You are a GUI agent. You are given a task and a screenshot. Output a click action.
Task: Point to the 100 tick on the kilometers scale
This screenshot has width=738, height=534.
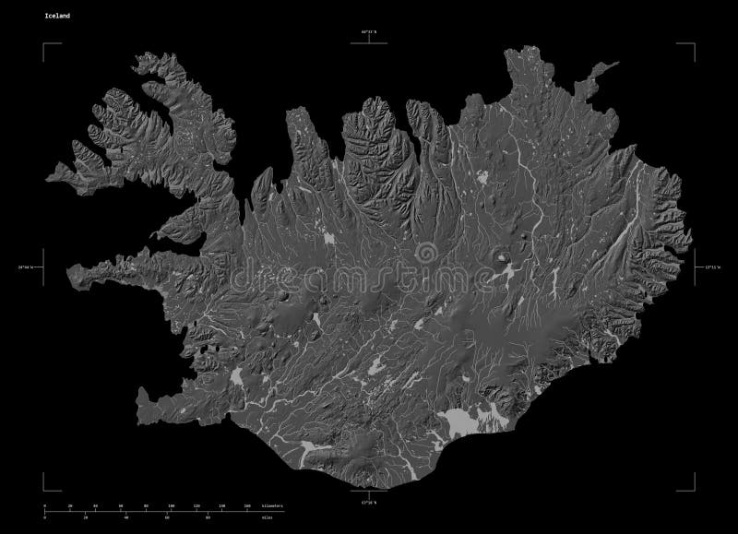[172, 506]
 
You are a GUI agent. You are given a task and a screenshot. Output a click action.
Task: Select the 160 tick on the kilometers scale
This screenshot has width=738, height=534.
[247, 506]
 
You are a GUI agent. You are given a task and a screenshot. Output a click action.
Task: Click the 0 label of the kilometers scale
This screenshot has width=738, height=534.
[44, 506]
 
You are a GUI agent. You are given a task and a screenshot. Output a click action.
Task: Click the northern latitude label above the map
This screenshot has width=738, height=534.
[370, 32]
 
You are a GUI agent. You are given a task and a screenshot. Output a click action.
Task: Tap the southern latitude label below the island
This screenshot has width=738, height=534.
[370, 503]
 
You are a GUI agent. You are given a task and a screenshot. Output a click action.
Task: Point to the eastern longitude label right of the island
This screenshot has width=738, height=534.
[710, 267]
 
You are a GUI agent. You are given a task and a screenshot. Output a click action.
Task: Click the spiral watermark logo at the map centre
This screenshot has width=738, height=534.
[426, 254]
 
